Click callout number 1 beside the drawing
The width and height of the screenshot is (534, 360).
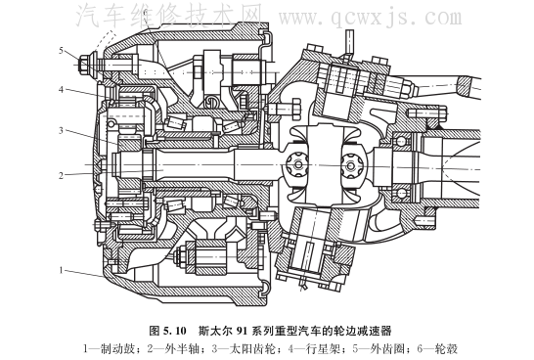pos(62,270)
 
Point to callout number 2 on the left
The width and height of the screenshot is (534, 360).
pos(61,176)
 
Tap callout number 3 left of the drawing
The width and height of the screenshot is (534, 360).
pos(61,131)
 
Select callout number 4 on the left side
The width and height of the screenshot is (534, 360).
pos(61,90)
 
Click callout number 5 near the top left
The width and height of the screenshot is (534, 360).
pos(61,51)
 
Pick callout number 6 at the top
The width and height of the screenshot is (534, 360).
pos(146,14)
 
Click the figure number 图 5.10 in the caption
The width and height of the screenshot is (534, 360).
pos(168,331)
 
